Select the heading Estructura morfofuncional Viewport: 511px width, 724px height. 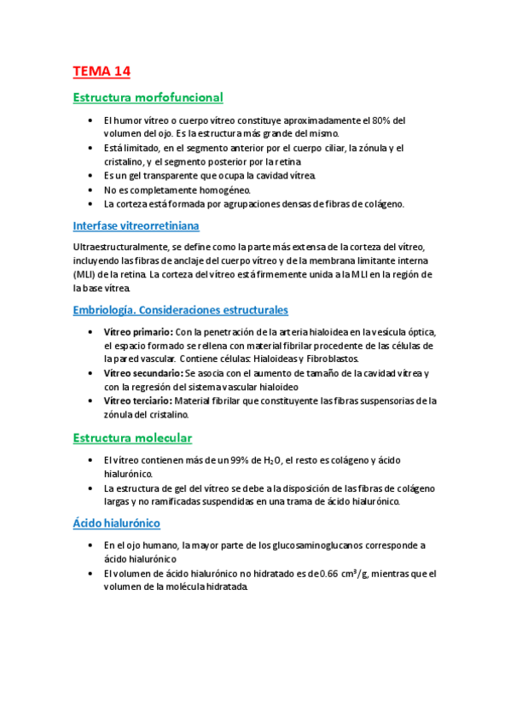(x=148, y=98)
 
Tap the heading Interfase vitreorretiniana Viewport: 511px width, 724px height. (x=136, y=226)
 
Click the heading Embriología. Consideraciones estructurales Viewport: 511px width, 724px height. (x=181, y=310)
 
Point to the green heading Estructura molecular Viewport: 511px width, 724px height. (x=132, y=438)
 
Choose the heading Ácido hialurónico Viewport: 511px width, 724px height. (x=117, y=523)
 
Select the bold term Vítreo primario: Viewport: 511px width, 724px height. (x=137, y=332)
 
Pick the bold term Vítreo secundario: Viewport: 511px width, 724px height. (x=143, y=374)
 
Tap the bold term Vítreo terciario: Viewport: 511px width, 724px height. (x=139, y=400)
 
